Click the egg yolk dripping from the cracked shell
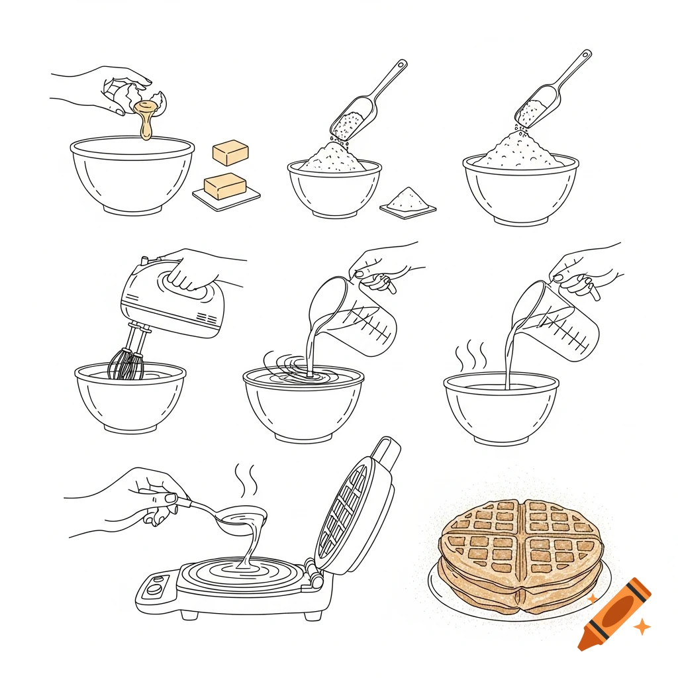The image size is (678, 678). pyautogui.click(x=146, y=119)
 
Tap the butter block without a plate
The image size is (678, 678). pyautogui.click(x=230, y=153)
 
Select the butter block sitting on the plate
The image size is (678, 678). pyautogui.click(x=224, y=185)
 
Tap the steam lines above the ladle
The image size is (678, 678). pyautogui.click(x=246, y=480)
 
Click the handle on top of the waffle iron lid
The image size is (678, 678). pyautogui.click(x=387, y=450)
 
